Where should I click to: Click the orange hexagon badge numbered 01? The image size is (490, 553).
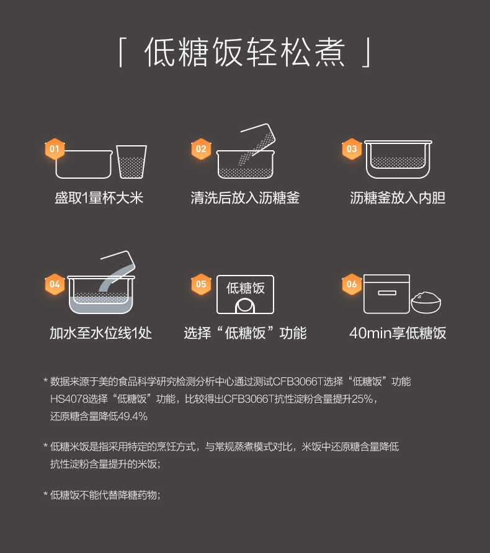pyautogui.click(x=55, y=149)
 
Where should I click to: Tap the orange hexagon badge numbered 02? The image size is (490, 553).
pyautogui.click(x=201, y=149)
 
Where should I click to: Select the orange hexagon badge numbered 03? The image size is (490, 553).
pyautogui.click(x=352, y=149)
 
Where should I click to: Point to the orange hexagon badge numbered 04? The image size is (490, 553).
pyautogui.click(x=55, y=284)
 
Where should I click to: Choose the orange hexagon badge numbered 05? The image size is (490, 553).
pyautogui.click(x=201, y=284)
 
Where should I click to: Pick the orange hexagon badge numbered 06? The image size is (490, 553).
pyautogui.click(x=352, y=284)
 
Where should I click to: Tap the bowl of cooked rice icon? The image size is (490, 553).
pyautogui.click(x=426, y=302)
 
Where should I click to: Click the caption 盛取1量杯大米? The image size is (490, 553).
pyautogui.click(x=99, y=198)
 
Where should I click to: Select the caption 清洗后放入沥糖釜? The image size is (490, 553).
pyautogui.click(x=245, y=198)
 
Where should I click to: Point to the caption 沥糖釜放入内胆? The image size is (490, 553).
pyautogui.click(x=398, y=198)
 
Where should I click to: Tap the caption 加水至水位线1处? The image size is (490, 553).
pyautogui.click(x=100, y=333)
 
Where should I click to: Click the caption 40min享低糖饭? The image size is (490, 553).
pyautogui.click(x=398, y=333)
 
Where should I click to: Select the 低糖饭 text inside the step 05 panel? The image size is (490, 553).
pyautogui.click(x=245, y=288)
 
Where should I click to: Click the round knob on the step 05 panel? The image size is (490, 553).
pyautogui.click(x=245, y=306)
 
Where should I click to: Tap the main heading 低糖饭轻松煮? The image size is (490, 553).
pyautogui.click(x=245, y=52)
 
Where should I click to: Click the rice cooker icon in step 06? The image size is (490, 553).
pyautogui.click(x=386, y=294)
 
